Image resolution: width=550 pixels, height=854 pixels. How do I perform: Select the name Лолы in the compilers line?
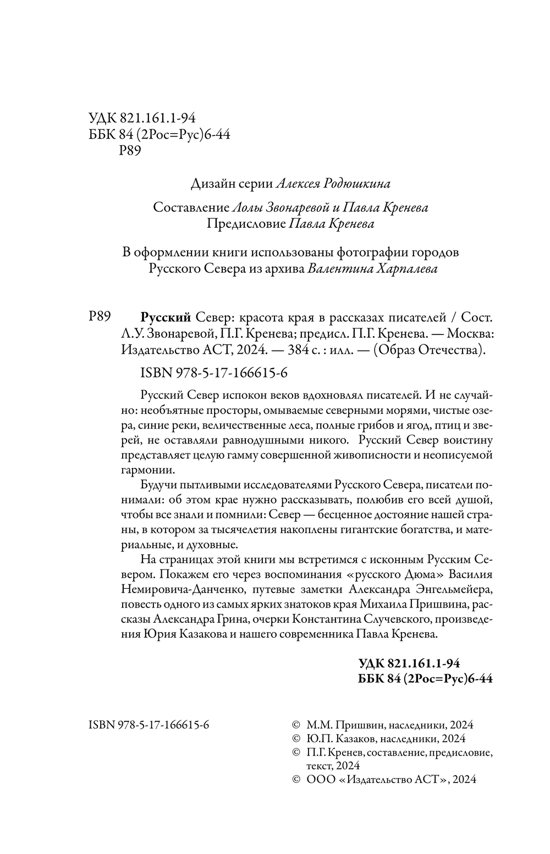(x=248, y=208)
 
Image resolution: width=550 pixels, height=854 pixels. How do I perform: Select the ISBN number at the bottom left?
(x=148, y=725)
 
